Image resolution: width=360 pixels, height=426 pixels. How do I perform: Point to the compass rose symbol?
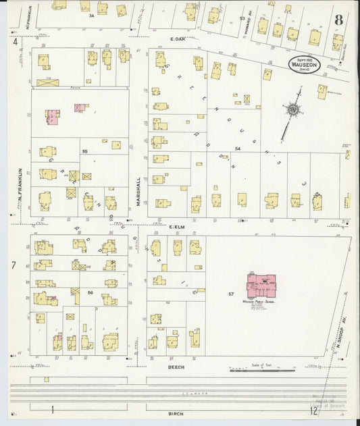coord(294,109)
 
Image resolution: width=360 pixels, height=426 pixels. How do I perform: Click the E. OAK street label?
coord(178,39)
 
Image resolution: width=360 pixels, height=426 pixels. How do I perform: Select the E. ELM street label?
coord(177,228)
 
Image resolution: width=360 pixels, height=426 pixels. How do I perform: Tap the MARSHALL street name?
coord(138,193)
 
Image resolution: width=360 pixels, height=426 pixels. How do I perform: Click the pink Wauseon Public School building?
coord(261,286)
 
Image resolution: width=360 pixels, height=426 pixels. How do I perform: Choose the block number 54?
coord(238,148)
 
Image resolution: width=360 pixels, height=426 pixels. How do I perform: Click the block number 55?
coord(84,151)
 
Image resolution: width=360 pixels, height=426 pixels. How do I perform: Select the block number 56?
coord(89,292)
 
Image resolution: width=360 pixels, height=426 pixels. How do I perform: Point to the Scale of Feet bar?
coord(263,370)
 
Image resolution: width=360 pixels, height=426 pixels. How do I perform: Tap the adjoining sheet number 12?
coord(313,410)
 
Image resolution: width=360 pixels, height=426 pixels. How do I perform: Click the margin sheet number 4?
coord(14,42)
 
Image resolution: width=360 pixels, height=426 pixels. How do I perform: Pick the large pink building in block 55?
coord(52,116)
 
